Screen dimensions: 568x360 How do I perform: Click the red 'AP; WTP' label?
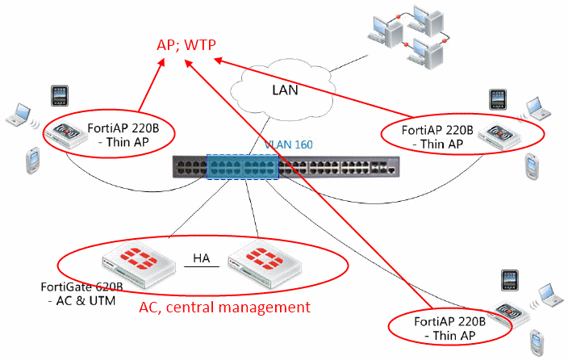coord(186,45)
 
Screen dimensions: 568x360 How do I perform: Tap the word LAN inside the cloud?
coord(285,90)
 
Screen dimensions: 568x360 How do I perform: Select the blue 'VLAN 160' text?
coord(288,144)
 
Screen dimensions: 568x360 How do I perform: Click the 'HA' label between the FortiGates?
coord(202,258)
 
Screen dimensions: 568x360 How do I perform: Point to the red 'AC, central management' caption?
coord(224,307)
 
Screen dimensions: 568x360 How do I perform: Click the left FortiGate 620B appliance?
coord(140,268)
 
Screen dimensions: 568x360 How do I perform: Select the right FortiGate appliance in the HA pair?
coord(265,267)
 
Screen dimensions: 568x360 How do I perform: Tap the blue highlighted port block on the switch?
coord(243,166)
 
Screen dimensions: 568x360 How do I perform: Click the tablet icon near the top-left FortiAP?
coord(60,96)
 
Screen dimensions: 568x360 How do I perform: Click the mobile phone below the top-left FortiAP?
coord(32,161)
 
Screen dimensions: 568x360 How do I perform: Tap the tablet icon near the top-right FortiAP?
coord(498,99)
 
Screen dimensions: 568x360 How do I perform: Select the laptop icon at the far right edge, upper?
coord(538,107)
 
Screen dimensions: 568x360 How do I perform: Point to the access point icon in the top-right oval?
coord(499,136)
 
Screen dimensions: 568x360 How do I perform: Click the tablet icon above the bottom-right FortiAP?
coord(510,280)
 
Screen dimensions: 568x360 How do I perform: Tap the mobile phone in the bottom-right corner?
coord(537,342)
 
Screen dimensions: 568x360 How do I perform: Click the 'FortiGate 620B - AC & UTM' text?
coord(81,294)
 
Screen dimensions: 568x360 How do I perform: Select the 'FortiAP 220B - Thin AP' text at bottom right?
coord(449,329)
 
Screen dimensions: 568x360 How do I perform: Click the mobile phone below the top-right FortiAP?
coord(532,166)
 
